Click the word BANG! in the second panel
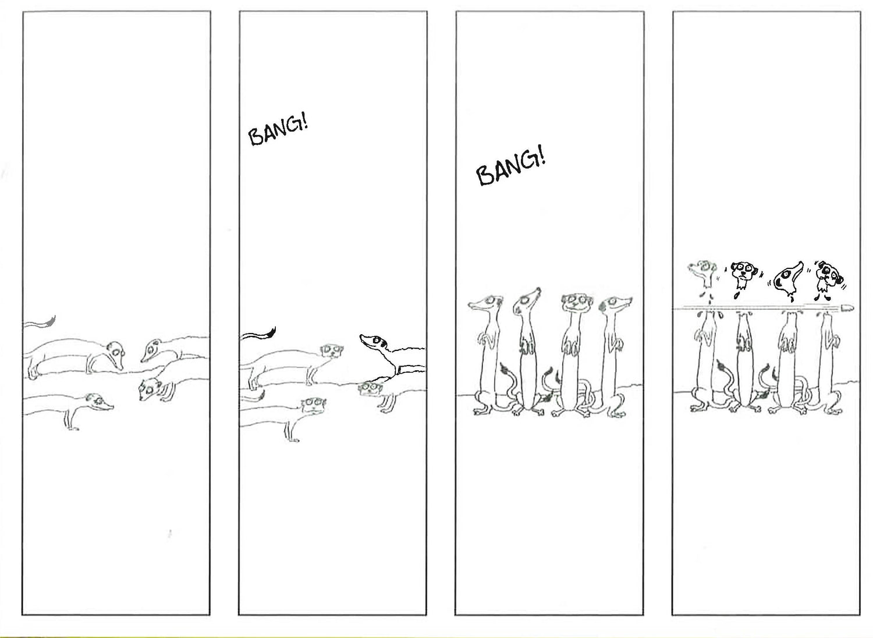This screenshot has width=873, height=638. click(278, 131)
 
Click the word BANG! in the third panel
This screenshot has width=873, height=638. click(510, 168)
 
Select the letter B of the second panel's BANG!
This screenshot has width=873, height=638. click(257, 137)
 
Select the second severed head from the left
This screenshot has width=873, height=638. click(743, 275)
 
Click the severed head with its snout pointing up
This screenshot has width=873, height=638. click(787, 278)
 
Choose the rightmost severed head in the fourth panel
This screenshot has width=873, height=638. click(829, 277)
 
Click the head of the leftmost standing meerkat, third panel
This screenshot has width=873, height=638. click(486, 304)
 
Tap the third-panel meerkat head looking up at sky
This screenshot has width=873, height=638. click(526, 301)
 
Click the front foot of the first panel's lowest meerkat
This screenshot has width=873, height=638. click(73, 428)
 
